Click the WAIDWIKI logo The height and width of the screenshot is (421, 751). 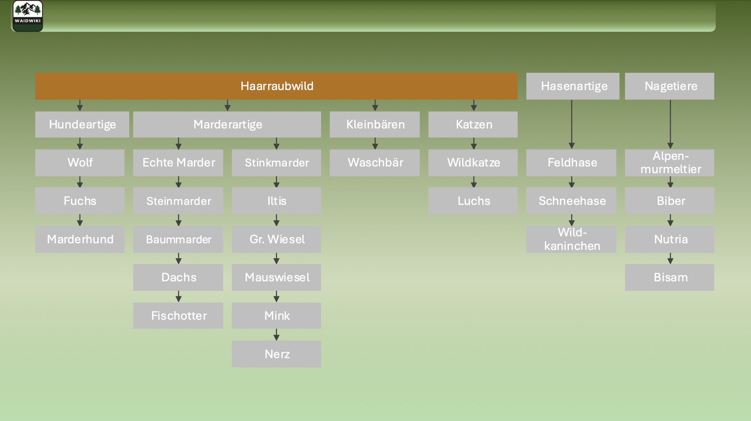(28, 16)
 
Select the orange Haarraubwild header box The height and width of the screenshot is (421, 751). (276, 86)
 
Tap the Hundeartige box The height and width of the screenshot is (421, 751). (82, 125)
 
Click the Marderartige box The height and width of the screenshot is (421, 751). (227, 125)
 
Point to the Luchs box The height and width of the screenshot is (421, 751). (473, 201)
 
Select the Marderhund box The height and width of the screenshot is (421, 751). (80, 239)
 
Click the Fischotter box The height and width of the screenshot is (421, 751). (178, 316)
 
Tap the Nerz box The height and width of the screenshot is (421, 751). (276, 354)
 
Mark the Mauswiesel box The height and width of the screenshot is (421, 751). (276, 277)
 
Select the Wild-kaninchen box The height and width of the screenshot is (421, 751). (571, 239)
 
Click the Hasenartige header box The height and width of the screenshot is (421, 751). (573, 86)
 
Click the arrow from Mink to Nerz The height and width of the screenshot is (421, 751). (276, 334)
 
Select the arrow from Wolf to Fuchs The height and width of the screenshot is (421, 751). (80, 182)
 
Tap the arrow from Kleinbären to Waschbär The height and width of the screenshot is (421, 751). (375, 143)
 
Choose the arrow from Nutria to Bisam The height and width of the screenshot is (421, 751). (670, 258)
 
